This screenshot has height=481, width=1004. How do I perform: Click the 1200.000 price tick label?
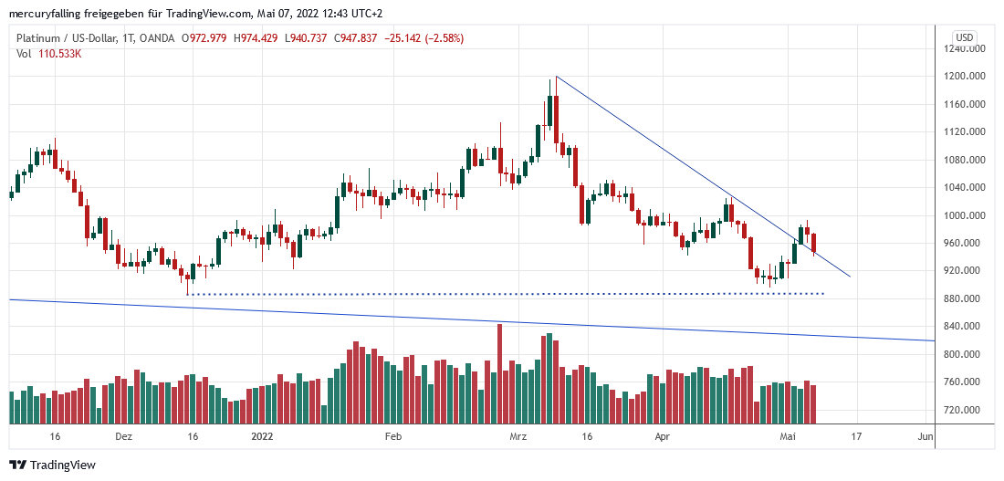pyautogui.click(x=967, y=77)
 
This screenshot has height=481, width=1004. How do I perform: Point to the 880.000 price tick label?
pyautogui.click(x=967, y=298)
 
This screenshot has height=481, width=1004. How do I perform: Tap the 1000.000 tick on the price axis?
pyautogui.click(x=967, y=215)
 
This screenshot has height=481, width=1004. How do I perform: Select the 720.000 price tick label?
pyautogui.click(x=967, y=410)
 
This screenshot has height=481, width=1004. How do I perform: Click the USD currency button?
pyautogui.click(x=964, y=37)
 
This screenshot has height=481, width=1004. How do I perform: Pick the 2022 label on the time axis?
pyautogui.click(x=263, y=437)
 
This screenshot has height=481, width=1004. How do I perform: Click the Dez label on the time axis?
pyautogui.click(x=124, y=437)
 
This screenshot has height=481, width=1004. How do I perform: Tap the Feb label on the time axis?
pyautogui.click(x=393, y=437)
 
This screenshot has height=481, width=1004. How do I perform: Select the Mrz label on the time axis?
pyautogui.click(x=518, y=437)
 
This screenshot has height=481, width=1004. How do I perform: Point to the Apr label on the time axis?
pyautogui.click(x=663, y=437)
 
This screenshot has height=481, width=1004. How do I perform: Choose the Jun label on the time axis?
pyautogui.click(x=925, y=437)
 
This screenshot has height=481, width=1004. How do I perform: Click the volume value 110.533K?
pyautogui.click(x=60, y=54)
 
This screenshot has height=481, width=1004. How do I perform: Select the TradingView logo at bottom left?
pyautogui.click(x=53, y=465)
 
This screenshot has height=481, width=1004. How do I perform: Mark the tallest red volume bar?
pyautogui.click(x=499, y=374)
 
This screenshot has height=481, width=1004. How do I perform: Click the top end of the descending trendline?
pyautogui.click(x=556, y=77)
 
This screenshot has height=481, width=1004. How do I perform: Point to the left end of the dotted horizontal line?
pyautogui.click(x=188, y=294)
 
